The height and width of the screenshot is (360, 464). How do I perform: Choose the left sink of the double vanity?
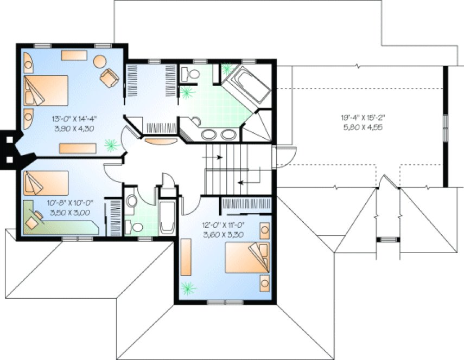pos(209,134)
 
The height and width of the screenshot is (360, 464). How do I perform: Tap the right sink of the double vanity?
pos(228,134)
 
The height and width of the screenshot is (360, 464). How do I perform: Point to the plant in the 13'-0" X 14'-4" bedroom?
pos(111,145)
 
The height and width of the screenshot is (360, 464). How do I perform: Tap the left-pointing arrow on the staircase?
pos(245,183)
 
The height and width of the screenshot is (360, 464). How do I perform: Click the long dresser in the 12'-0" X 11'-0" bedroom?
pos(186,257)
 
